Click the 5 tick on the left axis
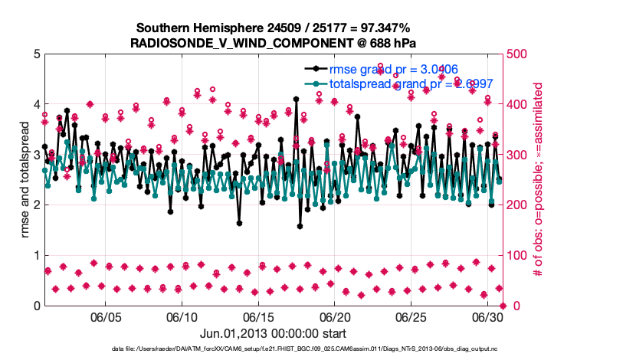pyautogui.click(x=36, y=54)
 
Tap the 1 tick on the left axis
pyautogui.click(x=36, y=256)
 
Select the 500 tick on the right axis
pyautogui.click(x=519, y=54)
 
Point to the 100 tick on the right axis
pyautogui.click(x=519, y=256)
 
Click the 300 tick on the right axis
pyautogui.click(x=519, y=155)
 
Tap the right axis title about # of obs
pyautogui.click(x=538, y=180)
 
